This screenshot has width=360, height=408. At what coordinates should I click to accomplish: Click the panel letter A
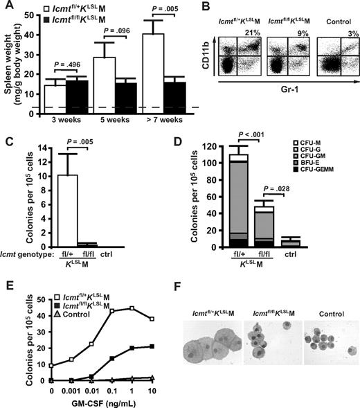click(x=8, y=7)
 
